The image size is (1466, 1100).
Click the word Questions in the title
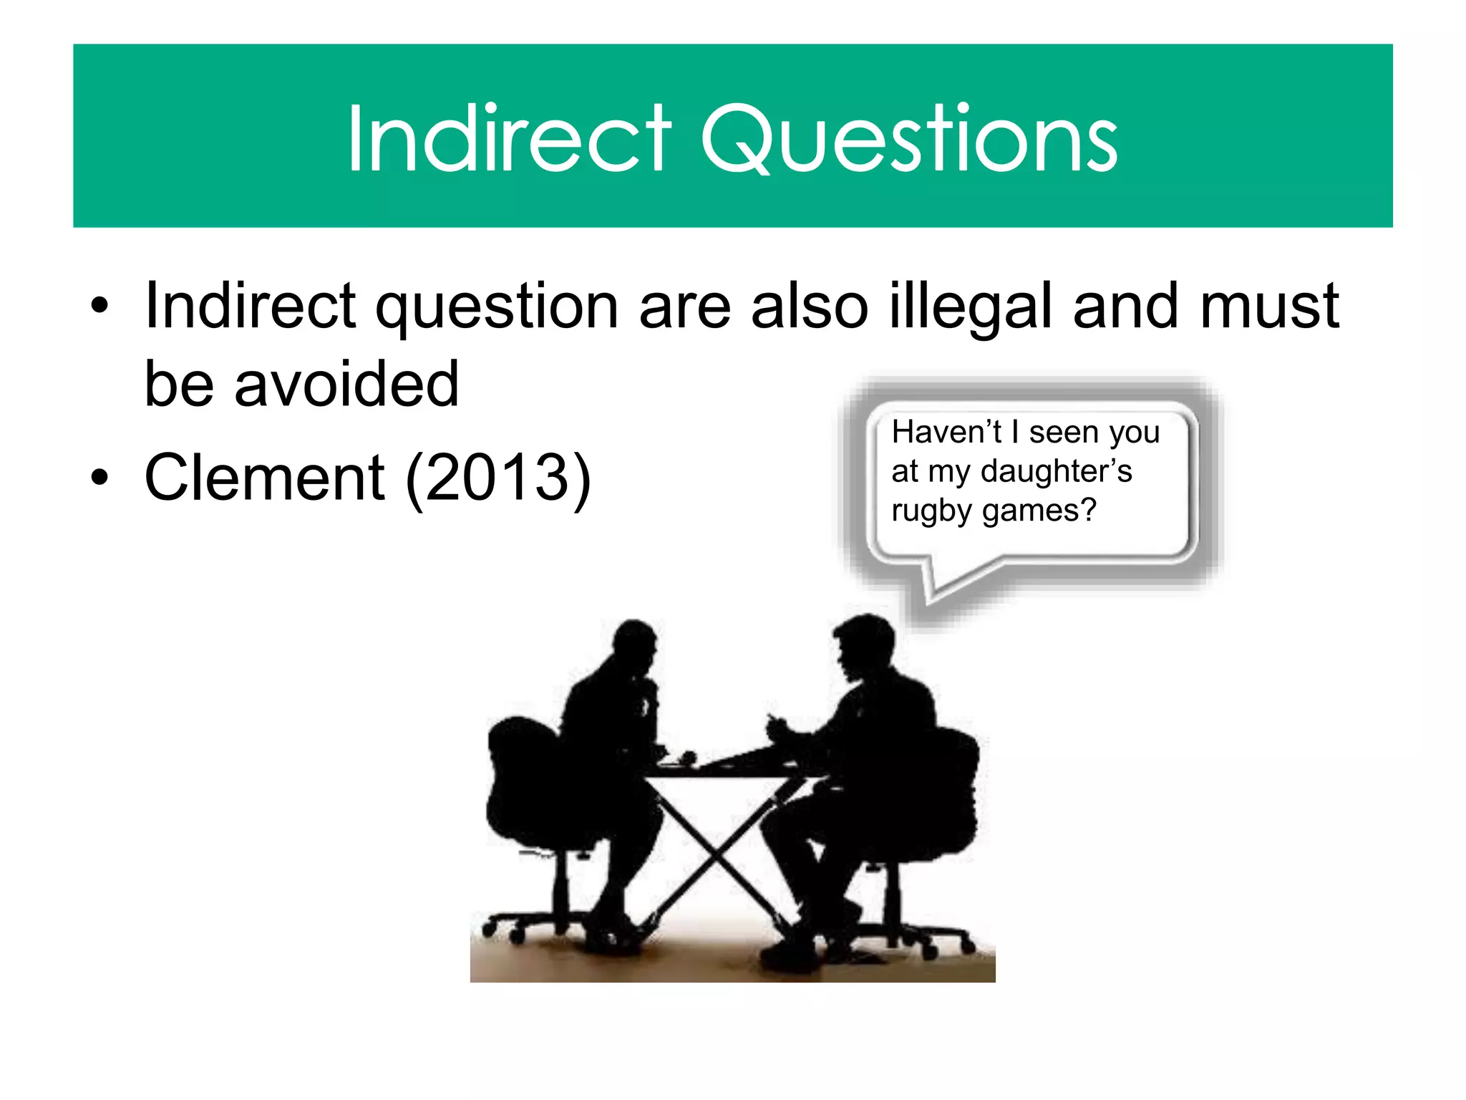tap(909, 139)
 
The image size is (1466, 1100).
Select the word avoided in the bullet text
tap(346, 384)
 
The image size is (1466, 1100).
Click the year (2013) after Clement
tap(498, 478)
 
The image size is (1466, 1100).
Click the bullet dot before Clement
tap(99, 478)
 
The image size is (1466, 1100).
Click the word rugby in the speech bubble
tap(932, 511)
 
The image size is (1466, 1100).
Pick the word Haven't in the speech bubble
tap(946, 433)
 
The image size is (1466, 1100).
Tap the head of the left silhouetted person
tap(634, 645)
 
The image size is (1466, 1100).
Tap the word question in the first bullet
tap(497, 307)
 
